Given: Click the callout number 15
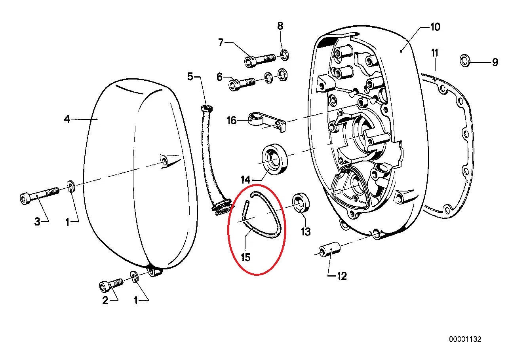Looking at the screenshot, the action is coord(245,257).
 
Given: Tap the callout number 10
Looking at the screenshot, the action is coord(435,27).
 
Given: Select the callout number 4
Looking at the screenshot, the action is coord(67,119).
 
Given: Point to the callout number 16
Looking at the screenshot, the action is coord(232,120).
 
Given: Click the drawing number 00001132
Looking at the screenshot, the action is coord(465,339).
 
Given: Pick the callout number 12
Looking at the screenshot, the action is coord(341,276).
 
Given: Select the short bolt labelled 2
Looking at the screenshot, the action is coord(111,284).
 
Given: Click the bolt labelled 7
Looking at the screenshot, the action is coord(260,59).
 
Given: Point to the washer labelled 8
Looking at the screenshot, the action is coord(284,55).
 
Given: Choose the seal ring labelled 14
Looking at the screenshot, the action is coord(275,160).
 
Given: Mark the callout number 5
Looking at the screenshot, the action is coord(190,76).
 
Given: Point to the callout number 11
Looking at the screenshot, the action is coord(435,53).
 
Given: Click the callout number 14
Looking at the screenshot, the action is coord(245,180).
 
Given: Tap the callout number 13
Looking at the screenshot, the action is coord(306,232).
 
